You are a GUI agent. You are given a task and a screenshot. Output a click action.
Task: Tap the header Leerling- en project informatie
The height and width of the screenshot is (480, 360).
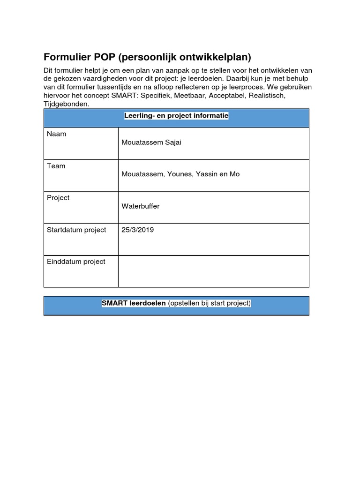176,116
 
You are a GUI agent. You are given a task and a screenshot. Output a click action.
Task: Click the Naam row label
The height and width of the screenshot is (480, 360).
57,134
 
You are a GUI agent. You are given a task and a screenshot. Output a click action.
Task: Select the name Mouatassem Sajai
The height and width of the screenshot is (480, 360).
151,142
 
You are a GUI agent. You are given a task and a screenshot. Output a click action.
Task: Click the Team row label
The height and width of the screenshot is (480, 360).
56,166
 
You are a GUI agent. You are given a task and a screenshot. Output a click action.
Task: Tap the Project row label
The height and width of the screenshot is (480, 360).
58,198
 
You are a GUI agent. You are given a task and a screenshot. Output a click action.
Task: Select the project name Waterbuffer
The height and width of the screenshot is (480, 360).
140,206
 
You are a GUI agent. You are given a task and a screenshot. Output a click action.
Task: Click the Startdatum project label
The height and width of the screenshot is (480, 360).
76,230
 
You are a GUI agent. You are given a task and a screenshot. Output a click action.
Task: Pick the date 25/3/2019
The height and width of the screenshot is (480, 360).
138,230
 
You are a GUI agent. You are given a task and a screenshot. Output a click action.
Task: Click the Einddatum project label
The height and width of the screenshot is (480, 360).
76,262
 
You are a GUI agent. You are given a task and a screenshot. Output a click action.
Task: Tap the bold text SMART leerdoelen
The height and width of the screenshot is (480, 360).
134,303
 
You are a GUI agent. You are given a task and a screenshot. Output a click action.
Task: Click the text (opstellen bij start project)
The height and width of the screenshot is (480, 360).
210,303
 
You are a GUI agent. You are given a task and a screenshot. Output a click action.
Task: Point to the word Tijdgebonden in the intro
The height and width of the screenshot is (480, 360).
66,104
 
